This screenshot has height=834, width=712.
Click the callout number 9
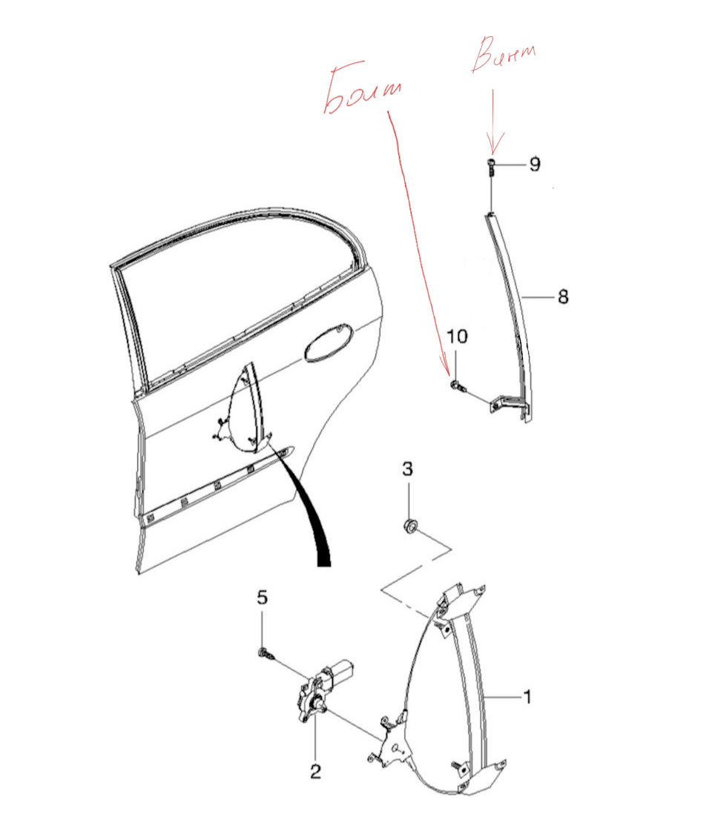[x=535, y=164]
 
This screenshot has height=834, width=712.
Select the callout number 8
[x=563, y=297]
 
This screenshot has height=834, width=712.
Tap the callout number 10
[x=457, y=336]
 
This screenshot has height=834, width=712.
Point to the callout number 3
[x=407, y=469]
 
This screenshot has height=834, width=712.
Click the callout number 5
[x=262, y=598]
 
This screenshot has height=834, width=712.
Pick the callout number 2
[x=315, y=771]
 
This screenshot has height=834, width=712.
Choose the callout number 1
[x=527, y=696]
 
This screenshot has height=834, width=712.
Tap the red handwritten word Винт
[x=504, y=53]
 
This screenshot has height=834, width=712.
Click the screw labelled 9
[x=491, y=167]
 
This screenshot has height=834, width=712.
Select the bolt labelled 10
[x=458, y=385]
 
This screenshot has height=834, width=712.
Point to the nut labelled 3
[x=410, y=526]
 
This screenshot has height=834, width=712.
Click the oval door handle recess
[x=329, y=342]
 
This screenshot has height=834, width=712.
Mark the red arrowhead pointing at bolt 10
[x=446, y=365]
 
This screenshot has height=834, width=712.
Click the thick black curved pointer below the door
[x=307, y=506]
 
